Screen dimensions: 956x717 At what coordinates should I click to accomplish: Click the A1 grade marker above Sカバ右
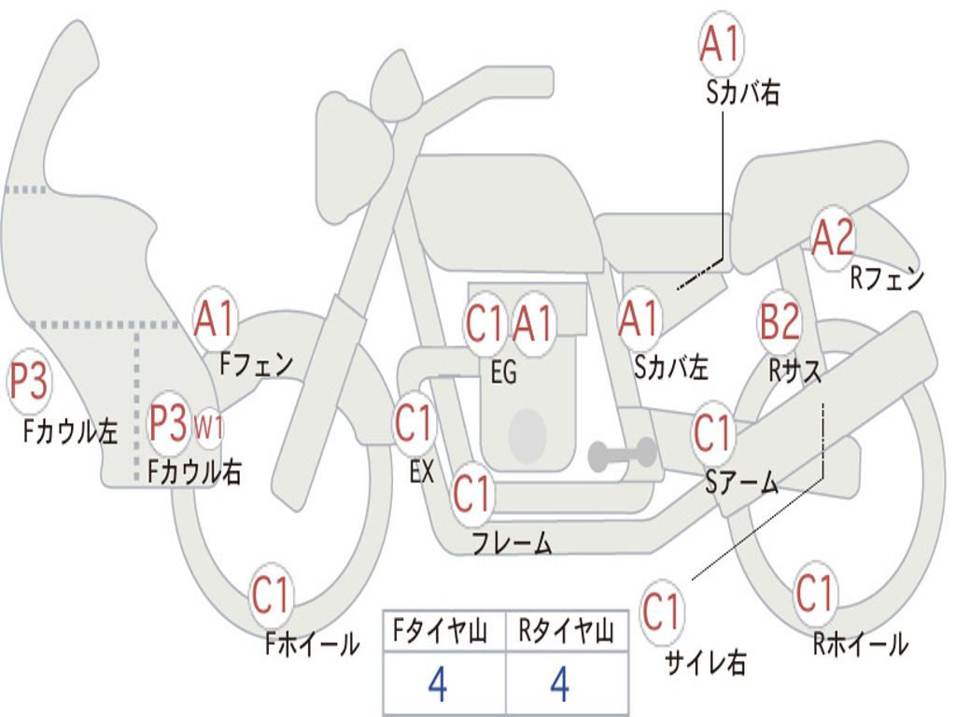(722, 44)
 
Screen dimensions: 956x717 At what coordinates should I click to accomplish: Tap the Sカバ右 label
(742, 92)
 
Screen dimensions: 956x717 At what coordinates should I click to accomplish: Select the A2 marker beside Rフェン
(833, 237)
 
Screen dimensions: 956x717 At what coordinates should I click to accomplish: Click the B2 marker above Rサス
(780, 321)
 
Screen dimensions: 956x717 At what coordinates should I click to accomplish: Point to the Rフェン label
(887, 278)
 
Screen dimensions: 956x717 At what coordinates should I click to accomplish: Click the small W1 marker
(208, 428)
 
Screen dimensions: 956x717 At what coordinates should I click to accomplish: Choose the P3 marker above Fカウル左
(28, 382)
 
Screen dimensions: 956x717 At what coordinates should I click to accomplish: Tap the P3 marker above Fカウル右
(169, 423)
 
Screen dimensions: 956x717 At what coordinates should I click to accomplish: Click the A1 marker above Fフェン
(214, 319)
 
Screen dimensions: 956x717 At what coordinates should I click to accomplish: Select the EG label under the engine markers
(503, 372)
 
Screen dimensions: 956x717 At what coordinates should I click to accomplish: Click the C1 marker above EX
(415, 423)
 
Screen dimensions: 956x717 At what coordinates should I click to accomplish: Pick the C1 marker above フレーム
(471, 494)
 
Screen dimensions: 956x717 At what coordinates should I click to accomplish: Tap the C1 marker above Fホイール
(270, 595)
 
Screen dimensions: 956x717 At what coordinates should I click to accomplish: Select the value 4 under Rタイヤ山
(560, 684)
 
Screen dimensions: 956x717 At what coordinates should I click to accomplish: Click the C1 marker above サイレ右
(661, 612)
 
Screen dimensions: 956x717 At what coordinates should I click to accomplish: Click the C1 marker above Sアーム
(712, 433)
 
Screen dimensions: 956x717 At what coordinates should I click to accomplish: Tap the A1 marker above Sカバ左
(640, 319)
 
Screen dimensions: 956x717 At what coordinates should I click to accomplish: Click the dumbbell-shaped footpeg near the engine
(622, 454)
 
